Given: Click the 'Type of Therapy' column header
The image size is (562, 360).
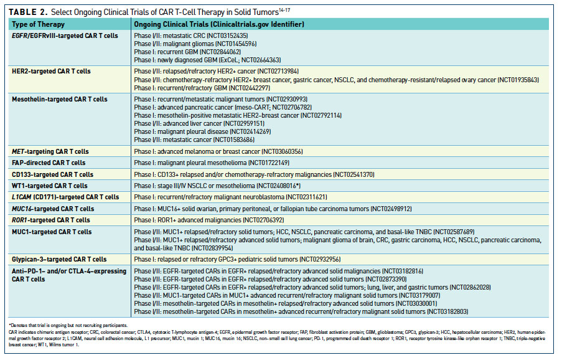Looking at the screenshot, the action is [x=38, y=24].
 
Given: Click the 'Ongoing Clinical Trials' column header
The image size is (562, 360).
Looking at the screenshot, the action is [x=219, y=24].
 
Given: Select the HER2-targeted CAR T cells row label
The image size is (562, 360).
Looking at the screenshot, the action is [x=51, y=71].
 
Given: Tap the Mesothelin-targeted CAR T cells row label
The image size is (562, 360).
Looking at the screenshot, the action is [x=60, y=99].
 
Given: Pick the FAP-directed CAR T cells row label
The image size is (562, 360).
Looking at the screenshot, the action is [x=49, y=163].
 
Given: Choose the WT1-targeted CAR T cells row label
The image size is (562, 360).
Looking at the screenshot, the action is [x=49, y=186].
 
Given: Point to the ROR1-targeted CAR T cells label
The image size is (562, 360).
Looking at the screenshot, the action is [x=51, y=220].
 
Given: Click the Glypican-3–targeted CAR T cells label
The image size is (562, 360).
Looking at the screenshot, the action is [x=59, y=259].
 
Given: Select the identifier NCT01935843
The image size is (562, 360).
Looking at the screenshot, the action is [x=518, y=80].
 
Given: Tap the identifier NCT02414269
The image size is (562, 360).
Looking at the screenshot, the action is [x=250, y=131].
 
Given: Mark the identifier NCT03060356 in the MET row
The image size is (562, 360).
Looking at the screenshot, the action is [x=282, y=151].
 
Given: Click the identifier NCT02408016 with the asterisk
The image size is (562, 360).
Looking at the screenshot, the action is [x=278, y=186].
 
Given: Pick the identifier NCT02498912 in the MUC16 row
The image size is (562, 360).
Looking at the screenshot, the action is [x=391, y=209].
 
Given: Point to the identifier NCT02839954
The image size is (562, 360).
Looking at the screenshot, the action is [x=212, y=248].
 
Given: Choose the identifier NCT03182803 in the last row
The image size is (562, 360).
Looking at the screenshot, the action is [x=447, y=311].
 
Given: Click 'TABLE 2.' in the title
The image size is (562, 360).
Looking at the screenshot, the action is [x=28, y=12].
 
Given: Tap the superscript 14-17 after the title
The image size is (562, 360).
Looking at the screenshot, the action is [x=284, y=10].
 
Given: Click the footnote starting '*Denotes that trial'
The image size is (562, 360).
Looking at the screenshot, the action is [x=68, y=325].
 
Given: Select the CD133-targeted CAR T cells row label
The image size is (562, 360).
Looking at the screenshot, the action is [x=52, y=174].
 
